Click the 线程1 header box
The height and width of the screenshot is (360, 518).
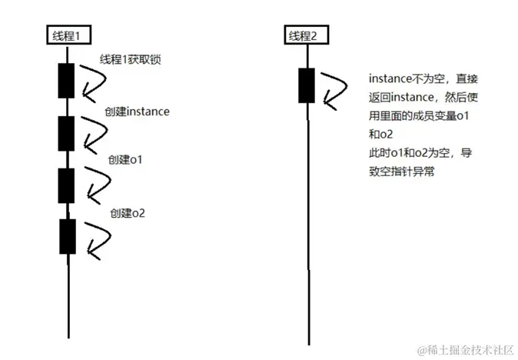68,35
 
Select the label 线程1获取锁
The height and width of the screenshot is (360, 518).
129,60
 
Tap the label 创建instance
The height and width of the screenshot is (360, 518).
137,112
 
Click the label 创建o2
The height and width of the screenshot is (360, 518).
128,212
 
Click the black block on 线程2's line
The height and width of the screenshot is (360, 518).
307,85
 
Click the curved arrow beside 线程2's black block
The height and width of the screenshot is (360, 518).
333,86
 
